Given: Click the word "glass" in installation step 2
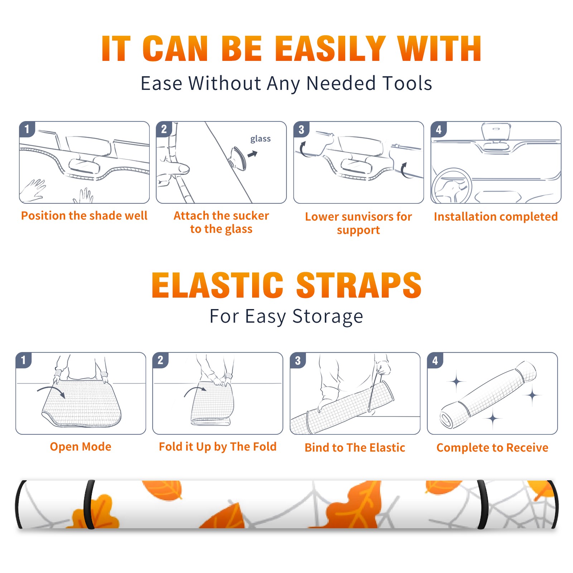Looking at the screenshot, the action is [260, 139].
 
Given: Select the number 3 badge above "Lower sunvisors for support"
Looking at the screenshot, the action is [301, 129].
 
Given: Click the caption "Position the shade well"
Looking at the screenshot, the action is [84, 216].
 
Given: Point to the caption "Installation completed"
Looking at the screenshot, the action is [496, 217].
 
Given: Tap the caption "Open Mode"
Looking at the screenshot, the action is [81, 447].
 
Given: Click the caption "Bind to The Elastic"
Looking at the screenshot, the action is [355, 448].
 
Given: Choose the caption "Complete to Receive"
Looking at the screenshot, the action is [492, 448].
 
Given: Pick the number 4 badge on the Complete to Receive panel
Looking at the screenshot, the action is [435, 360].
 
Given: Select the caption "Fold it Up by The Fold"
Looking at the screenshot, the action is [218, 447].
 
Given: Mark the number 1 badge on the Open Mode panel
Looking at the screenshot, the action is [24, 360].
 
